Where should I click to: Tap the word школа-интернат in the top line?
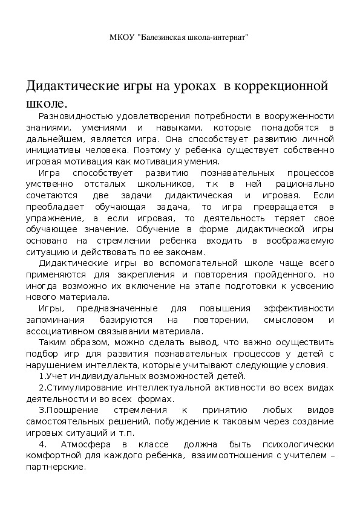pyautogui.click(x=220, y=37)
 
